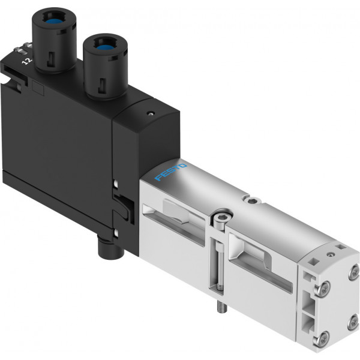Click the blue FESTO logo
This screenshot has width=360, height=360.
click(170, 172)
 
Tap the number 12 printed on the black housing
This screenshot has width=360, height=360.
click(26, 61)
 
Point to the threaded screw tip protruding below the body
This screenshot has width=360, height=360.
click(222, 307)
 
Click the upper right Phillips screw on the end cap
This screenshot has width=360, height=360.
click(354, 272)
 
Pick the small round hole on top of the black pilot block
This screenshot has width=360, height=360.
click(151, 113)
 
